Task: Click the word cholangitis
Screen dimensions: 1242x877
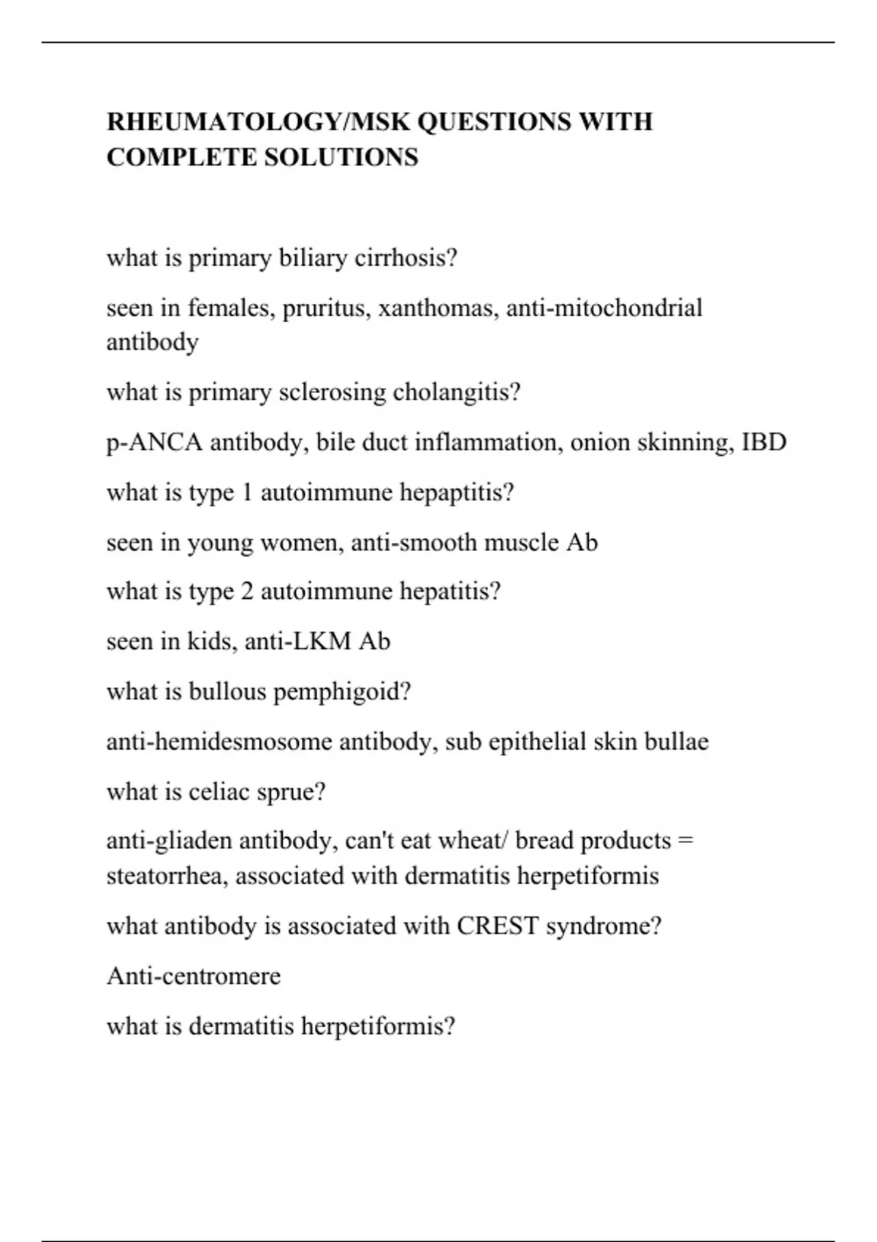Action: [457, 392]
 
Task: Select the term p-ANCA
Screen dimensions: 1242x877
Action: [154, 442]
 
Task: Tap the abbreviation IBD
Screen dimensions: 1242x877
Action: [764, 442]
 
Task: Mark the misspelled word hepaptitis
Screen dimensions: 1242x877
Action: [457, 492]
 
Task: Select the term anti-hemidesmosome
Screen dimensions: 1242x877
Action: [219, 742]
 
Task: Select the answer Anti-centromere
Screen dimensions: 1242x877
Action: [194, 976]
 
